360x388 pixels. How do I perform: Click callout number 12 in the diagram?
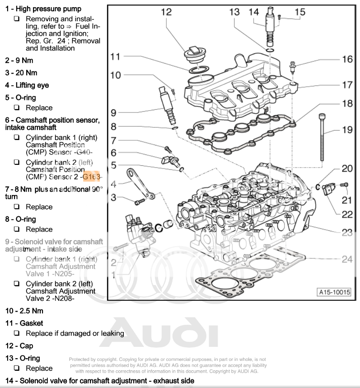coord(167,12)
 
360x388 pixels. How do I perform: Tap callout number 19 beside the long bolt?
coord(347,131)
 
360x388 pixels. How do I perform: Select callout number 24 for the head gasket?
coord(347,259)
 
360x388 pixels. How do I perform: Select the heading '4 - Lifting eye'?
coord(27,85)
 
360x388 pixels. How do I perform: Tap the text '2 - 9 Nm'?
coord(19,60)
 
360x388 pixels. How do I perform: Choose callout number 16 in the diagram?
coord(347,59)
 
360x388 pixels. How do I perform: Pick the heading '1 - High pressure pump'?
coord(43,9)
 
